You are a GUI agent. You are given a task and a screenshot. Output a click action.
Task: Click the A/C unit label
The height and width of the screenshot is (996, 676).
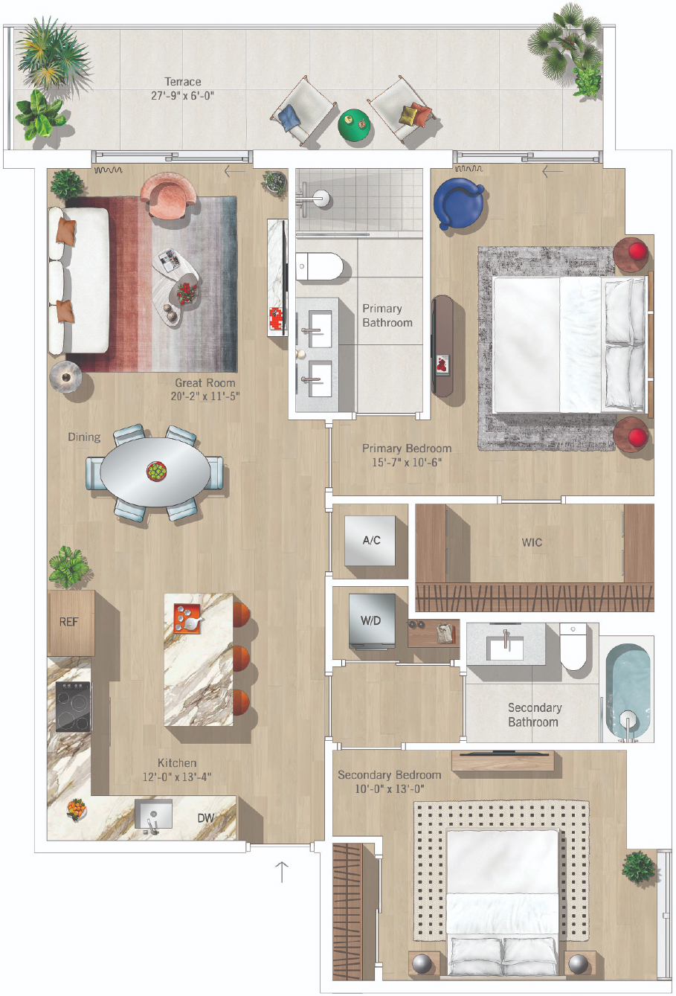[x=371, y=540]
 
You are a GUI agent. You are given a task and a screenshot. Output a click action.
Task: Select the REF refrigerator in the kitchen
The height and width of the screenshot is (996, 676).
[x=71, y=623]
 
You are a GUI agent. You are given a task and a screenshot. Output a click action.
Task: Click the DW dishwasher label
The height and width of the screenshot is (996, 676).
[x=205, y=817]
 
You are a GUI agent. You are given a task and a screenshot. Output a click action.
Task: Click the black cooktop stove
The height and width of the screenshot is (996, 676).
[x=73, y=707]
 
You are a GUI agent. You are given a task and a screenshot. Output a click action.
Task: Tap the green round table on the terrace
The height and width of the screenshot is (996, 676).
[x=353, y=124]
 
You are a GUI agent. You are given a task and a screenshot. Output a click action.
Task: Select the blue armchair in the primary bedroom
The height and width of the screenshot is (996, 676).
[x=458, y=203]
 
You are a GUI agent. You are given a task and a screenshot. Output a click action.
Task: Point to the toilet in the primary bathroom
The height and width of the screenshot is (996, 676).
[x=319, y=266]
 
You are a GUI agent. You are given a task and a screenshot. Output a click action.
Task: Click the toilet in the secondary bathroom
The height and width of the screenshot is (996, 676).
[x=573, y=646]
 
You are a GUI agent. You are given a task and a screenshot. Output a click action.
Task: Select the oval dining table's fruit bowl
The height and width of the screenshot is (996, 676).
[x=156, y=471]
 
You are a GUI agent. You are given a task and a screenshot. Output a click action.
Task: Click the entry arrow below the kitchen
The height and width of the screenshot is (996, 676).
[x=282, y=872]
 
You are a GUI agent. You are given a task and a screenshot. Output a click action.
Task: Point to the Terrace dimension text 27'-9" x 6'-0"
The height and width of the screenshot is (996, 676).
[x=182, y=96]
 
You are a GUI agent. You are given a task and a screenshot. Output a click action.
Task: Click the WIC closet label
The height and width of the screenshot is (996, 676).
[x=532, y=542]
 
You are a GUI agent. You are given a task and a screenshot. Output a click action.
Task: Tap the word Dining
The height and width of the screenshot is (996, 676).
[x=84, y=437]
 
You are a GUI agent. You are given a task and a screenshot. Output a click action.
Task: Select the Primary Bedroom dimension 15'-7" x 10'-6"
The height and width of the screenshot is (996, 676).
[x=407, y=463]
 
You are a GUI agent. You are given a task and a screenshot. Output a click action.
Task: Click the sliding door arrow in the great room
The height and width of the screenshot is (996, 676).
[x=234, y=171]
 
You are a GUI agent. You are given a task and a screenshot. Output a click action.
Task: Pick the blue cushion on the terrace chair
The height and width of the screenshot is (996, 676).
[x=289, y=118]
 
